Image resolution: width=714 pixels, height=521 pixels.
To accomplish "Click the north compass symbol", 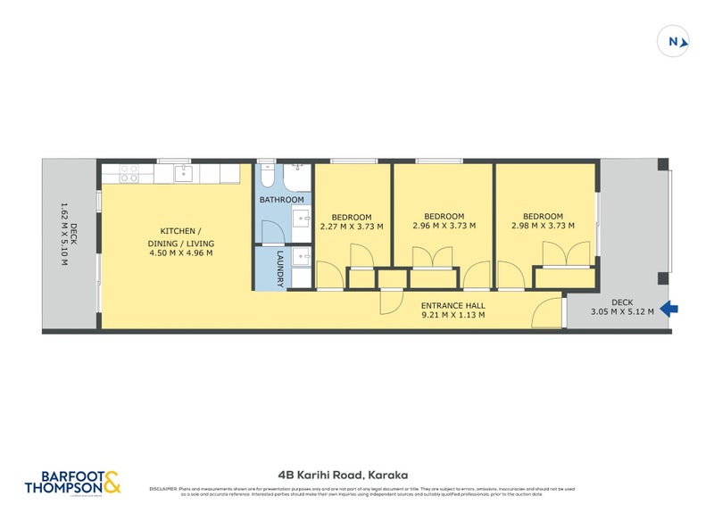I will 673,40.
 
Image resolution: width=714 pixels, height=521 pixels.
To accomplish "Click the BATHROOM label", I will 281,200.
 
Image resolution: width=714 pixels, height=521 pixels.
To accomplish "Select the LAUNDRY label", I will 279,268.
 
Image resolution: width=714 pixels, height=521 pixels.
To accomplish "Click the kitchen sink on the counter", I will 183,172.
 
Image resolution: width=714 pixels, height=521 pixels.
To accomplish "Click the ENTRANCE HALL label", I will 452,304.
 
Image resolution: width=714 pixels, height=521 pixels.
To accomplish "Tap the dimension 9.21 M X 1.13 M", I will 452,314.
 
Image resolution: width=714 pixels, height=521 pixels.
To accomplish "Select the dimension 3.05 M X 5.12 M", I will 622,311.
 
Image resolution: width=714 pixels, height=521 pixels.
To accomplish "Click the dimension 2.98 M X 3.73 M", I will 543,226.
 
